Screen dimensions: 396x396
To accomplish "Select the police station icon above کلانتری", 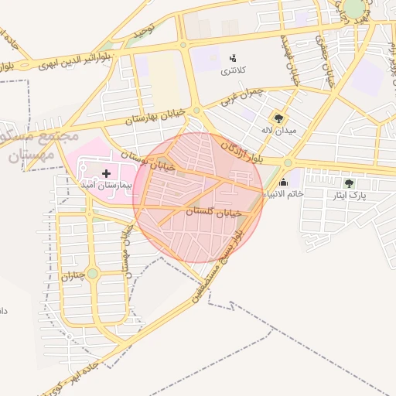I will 233,58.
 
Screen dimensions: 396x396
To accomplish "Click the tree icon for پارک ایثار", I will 349,183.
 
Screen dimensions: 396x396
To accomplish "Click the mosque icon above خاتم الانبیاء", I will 284,183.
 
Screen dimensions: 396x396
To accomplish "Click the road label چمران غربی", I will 241,96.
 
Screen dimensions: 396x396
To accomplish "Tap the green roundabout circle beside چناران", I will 93,273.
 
